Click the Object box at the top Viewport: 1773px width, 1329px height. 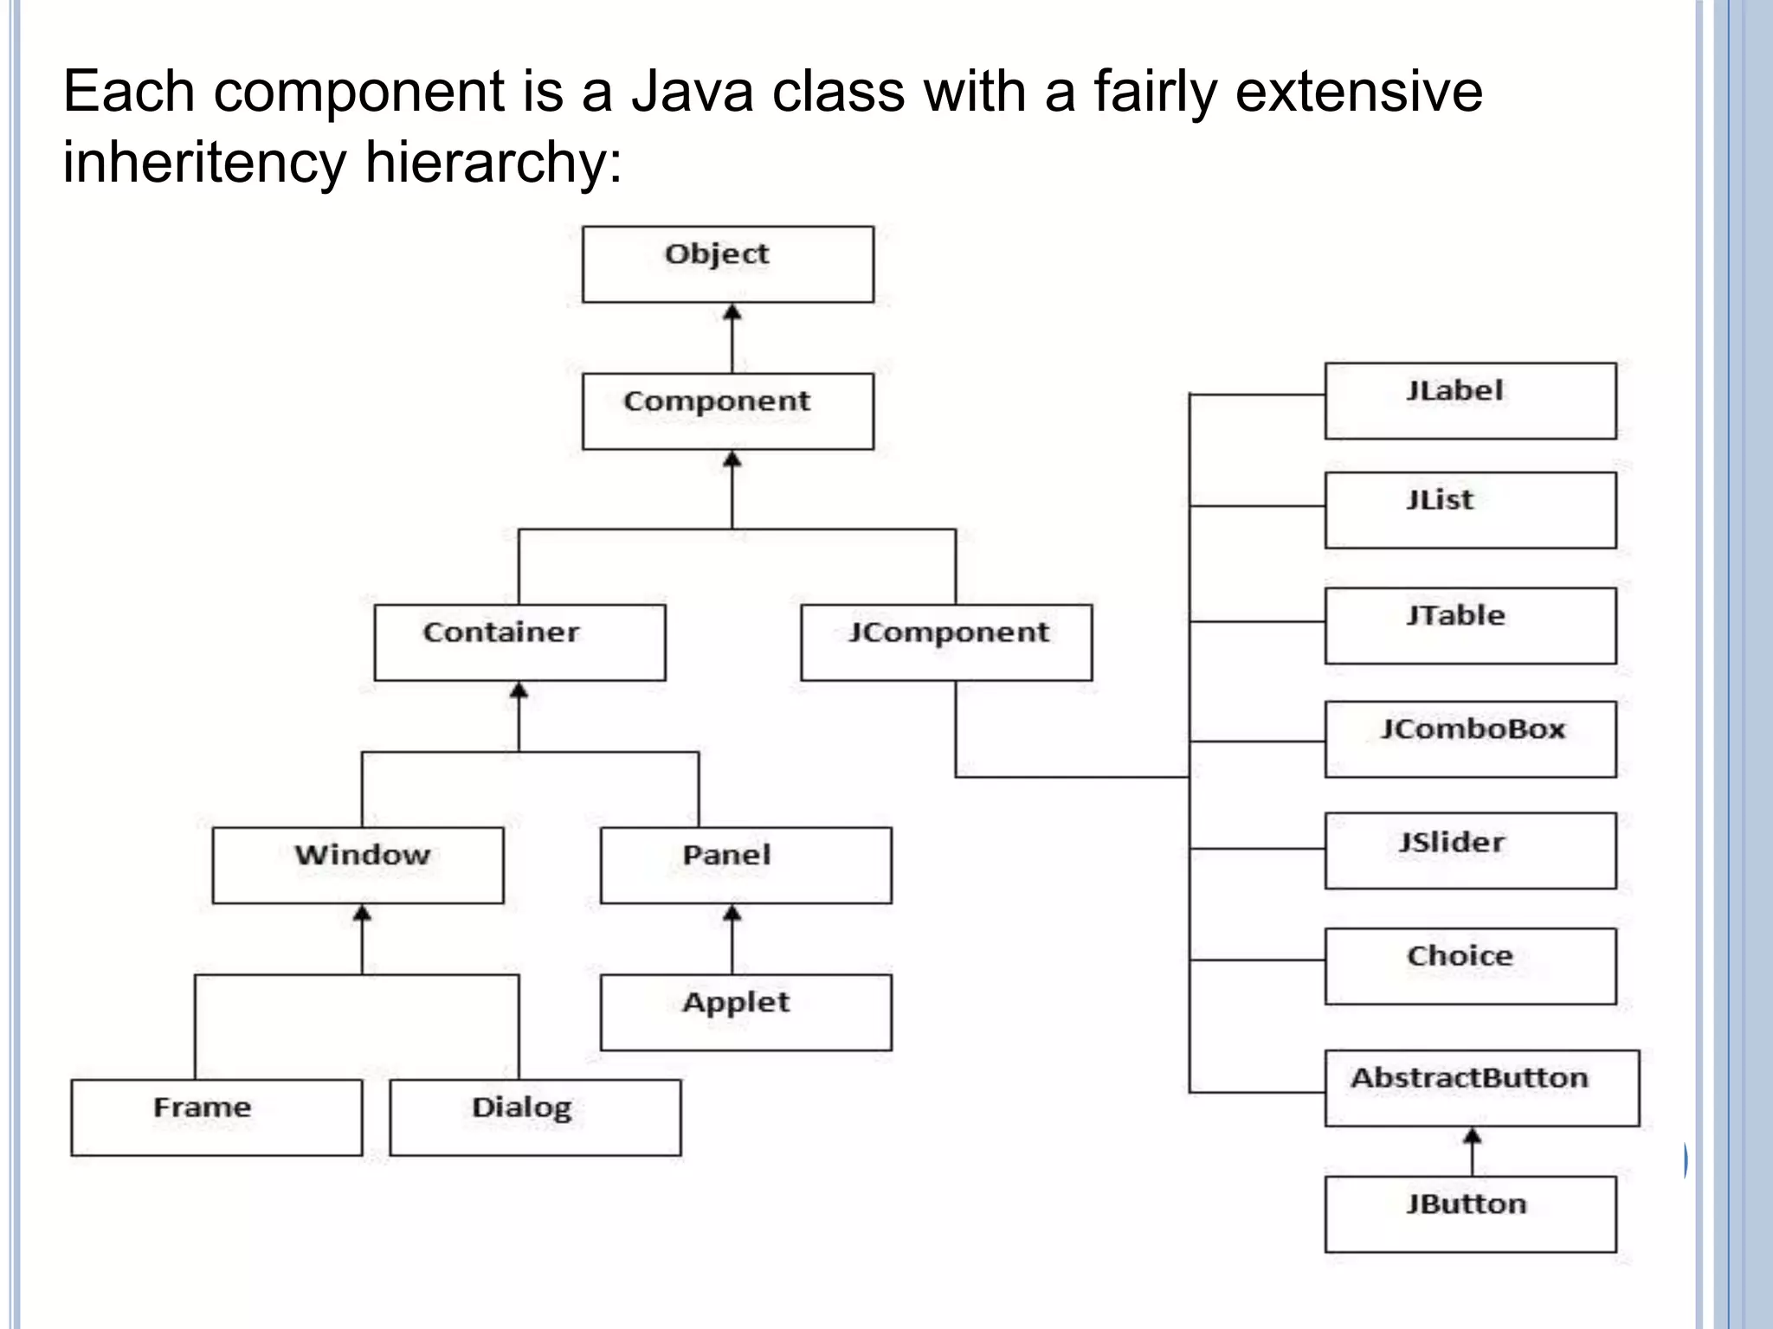pyautogui.click(x=728, y=264)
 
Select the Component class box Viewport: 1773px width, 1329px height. pyautogui.click(x=728, y=411)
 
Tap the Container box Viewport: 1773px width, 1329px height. pyautogui.click(x=519, y=642)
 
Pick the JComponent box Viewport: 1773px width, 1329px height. pyautogui.click(x=946, y=642)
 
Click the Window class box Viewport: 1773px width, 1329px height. pyautogui.click(x=358, y=865)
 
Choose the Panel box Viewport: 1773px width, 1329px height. pyautogui.click(x=745, y=865)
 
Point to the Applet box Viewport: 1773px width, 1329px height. pyautogui.click(x=745, y=1012)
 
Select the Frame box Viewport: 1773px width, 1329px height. pyautogui.click(x=216, y=1117)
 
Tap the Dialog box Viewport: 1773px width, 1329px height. pyautogui.click(x=535, y=1117)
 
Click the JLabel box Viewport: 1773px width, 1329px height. pyautogui.click(x=1470, y=401)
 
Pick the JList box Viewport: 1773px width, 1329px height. pyautogui.click(x=1470, y=510)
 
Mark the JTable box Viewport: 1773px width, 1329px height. pyautogui.click(x=1470, y=626)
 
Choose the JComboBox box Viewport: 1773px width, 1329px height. pyautogui.click(x=1470, y=739)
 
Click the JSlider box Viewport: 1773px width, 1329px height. pyautogui.click(x=1470, y=851)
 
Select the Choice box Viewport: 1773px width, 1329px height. pyautogui.click(x=1470, y=966)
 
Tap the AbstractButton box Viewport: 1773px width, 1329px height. pyautogui.click(x=1481, y=1088)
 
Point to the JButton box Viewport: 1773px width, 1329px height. pyautogui.click(x=1470, y=1213)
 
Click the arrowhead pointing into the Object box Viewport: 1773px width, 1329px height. pyautogui.click(x=732, y=311)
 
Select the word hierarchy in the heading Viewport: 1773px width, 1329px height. pyautogui.click(x=485, y=162)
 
